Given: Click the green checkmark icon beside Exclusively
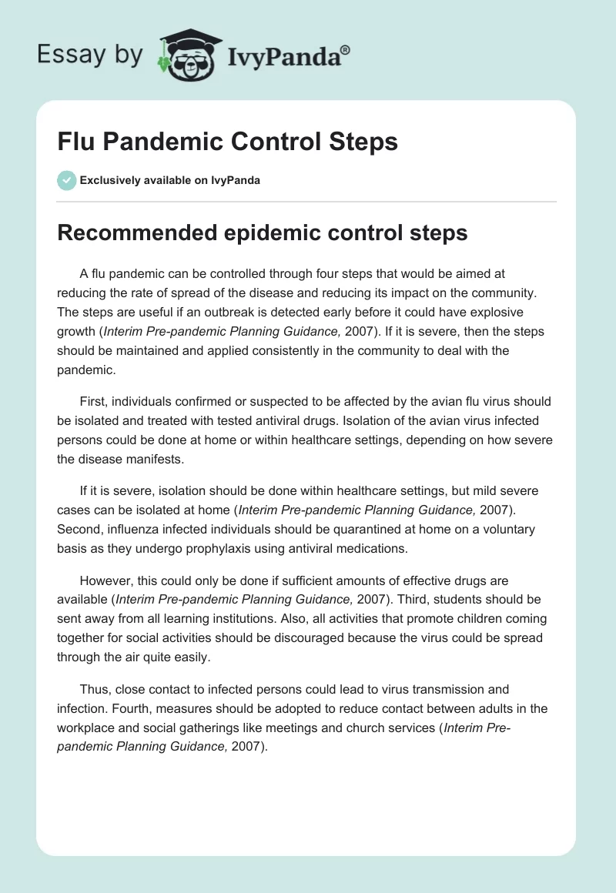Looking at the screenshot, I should (66, 180).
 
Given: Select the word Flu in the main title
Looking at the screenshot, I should (75, 142).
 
